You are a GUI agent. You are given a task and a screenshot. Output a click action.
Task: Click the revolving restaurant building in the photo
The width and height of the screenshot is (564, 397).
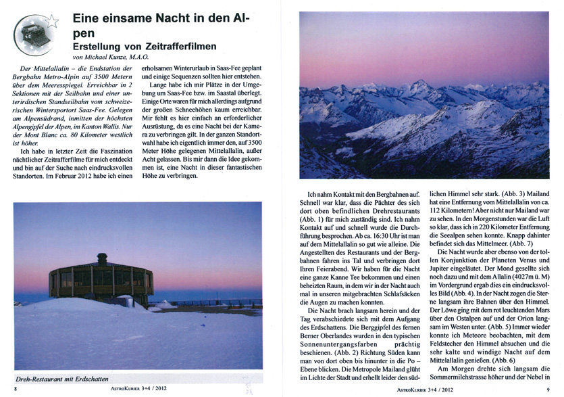pos(101,279)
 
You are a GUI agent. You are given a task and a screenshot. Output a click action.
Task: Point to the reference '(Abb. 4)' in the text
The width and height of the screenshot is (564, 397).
pos(460,286)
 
